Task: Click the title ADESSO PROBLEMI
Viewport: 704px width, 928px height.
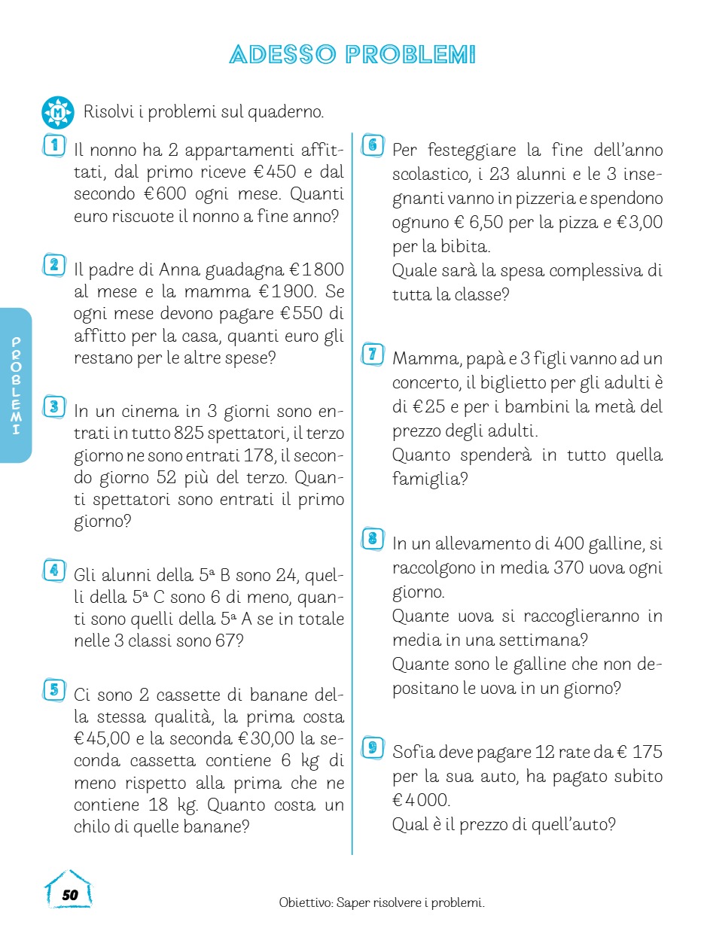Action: coord(352,55)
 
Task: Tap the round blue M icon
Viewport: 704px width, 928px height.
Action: coord(57,113)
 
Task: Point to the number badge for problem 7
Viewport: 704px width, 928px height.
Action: coord(372,354)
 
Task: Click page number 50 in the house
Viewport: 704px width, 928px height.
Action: coord(69,894)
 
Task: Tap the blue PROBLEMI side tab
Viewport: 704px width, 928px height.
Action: coord(16,385)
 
